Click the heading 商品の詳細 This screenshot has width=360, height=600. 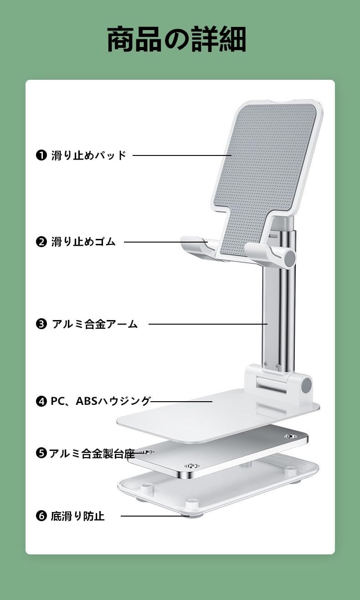[x=177, y=39]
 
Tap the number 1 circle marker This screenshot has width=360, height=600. [x=41, y=155]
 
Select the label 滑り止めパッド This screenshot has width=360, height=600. [x=88, y=155]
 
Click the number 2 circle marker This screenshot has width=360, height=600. [x=41, y=242]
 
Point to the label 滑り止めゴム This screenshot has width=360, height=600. [x=83, y=242]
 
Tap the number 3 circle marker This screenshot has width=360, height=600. [x=41, y=324]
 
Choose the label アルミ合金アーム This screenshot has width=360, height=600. [x=95, y=324]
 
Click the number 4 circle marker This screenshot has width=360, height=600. [x=41, y=402]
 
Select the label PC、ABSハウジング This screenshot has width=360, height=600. [x=101, y=401]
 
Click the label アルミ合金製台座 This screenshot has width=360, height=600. [x=92, y=454]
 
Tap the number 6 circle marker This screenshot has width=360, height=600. [x=41, y=516]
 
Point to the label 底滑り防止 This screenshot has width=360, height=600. [x=77, y=516]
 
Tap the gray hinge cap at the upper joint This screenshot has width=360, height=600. [x=290, y=258]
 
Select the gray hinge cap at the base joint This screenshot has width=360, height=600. [x=307, y=384]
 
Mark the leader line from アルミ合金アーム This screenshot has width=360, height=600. [x=208, y=324]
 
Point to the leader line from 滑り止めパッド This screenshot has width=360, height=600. [x=182, y=155]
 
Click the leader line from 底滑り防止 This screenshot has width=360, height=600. [x=155, y=516]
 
